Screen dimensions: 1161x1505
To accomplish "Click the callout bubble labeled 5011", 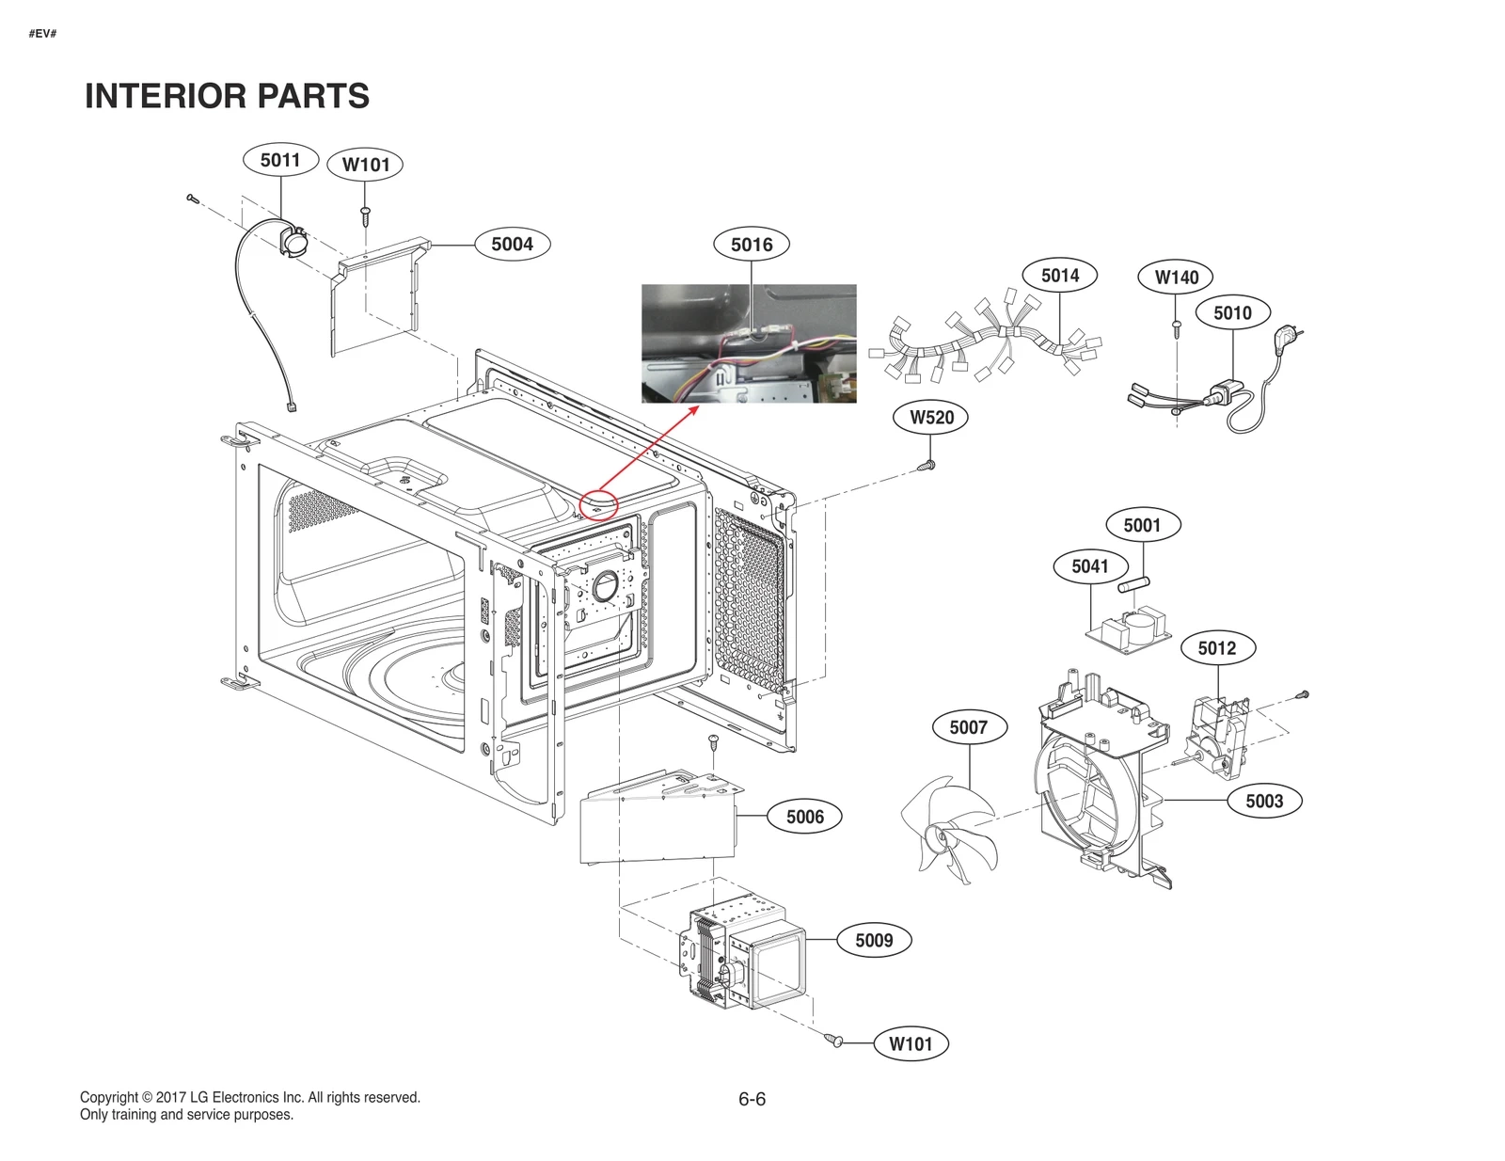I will click(x=280, y=160).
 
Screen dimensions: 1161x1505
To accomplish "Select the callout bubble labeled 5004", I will click(x=512, y=245).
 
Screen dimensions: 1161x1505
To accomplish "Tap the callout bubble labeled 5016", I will click(x=752, y=245).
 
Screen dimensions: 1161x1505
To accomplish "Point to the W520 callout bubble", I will click(x=931, y=418).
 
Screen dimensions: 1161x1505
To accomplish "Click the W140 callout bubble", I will click(x=1176, y=277).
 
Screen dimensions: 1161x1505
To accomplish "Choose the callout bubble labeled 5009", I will click(x=873, y=940).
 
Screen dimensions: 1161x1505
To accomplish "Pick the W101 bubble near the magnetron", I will click(x=910, y=1043).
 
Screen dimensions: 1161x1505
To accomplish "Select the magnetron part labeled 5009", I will click(x=743, y=955).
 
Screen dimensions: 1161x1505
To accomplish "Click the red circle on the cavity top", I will click(x=598, y=505).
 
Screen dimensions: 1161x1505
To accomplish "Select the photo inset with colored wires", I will click(x=749, y=343).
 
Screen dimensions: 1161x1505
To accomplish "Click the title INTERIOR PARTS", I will click(x=227, y=96).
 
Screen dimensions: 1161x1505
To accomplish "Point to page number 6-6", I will click(x=752, y=1099).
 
